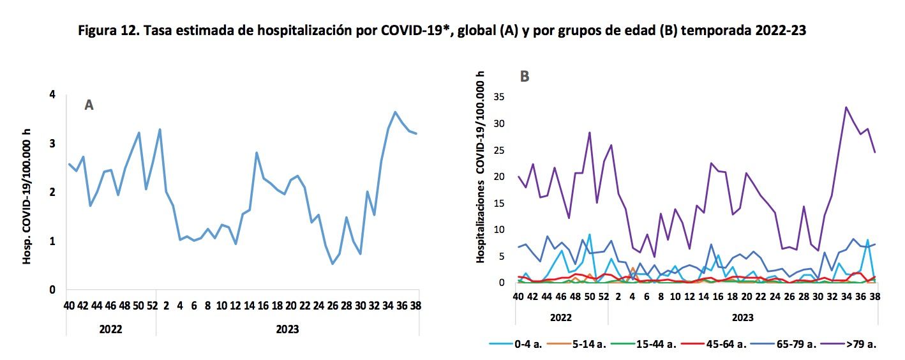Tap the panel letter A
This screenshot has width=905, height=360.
[x=89, y=105]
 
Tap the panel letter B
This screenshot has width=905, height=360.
[x=525, y=77]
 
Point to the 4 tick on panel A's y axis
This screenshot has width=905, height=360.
[x=52, y=95]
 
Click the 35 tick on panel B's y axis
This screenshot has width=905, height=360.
[x=499, y=98]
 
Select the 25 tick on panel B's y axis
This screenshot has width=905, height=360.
[x=499, y=151]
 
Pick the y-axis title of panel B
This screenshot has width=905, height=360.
[x=480, y=167]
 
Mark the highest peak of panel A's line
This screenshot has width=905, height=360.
[x=396, y=112]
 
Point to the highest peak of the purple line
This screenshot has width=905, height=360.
[x=846, y=107]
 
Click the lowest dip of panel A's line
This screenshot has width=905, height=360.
[x=333, y=264]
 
